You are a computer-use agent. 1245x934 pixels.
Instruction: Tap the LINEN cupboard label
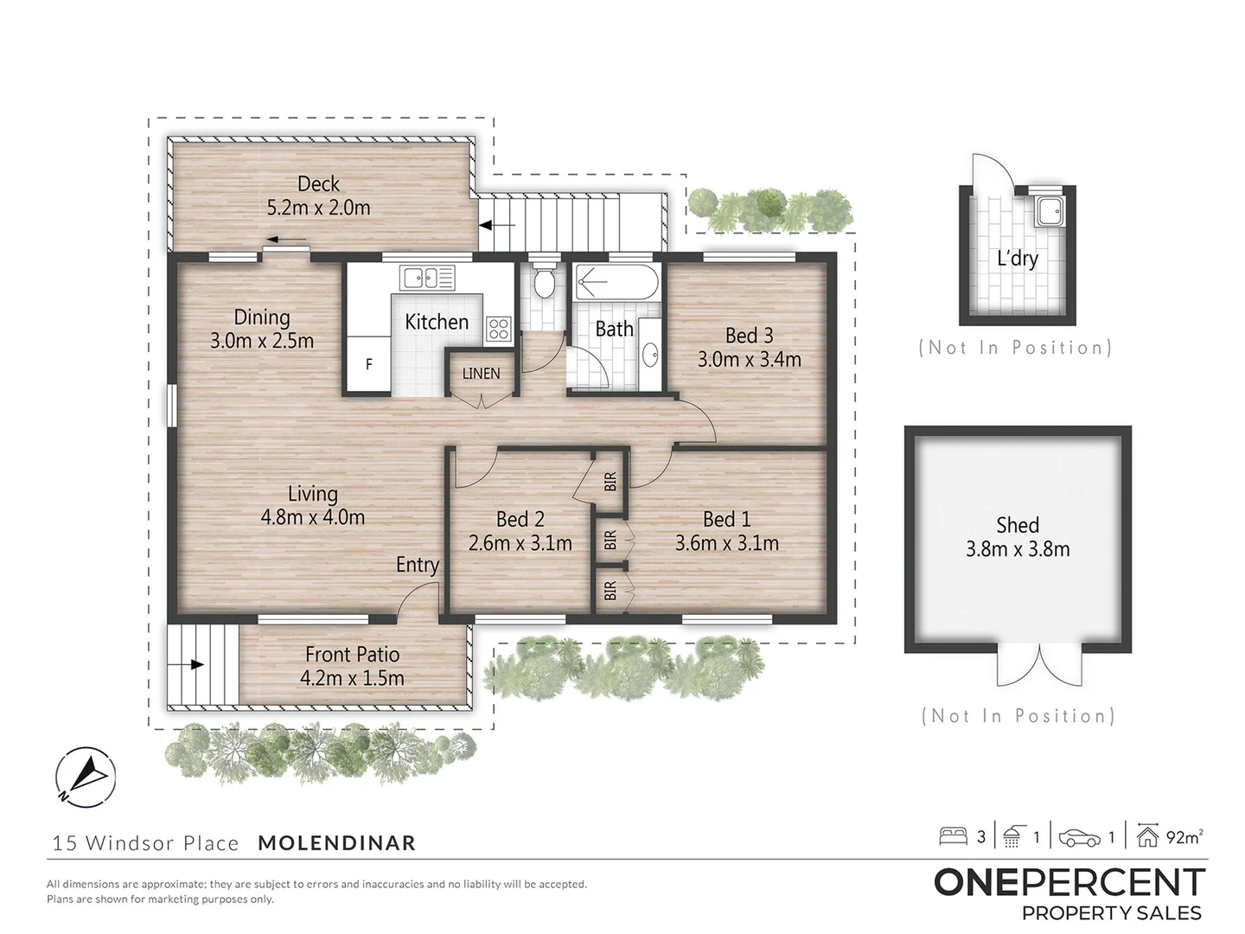tap(481, 374)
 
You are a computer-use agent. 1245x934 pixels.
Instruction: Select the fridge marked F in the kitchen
tap(369, 364)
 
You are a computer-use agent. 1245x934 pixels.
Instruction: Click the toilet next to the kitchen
tap(545, 282)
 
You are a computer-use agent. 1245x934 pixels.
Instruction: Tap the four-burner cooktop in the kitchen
tap(499, 329)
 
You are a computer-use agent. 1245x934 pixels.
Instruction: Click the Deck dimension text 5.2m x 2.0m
tap(318, 208)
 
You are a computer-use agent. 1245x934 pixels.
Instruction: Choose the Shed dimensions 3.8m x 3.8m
tap(1018, 549)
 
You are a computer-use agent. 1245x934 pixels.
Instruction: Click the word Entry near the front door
tap(418, 565)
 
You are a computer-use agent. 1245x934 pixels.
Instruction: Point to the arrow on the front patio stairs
tap(195, 665)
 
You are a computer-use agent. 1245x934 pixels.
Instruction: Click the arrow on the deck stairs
tap(486, 226)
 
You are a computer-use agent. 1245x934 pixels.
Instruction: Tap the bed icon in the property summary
tap(953, 836)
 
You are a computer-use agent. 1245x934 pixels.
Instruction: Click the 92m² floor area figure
tap(1184, 836)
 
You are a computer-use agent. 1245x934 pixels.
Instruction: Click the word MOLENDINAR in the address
tap(336, 843)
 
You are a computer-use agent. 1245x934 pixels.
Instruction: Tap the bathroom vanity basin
tap(649, 354)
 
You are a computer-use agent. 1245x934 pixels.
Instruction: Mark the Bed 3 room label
tap(749, 336)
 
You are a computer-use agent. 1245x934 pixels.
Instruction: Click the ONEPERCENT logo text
tap(1069, 882)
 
